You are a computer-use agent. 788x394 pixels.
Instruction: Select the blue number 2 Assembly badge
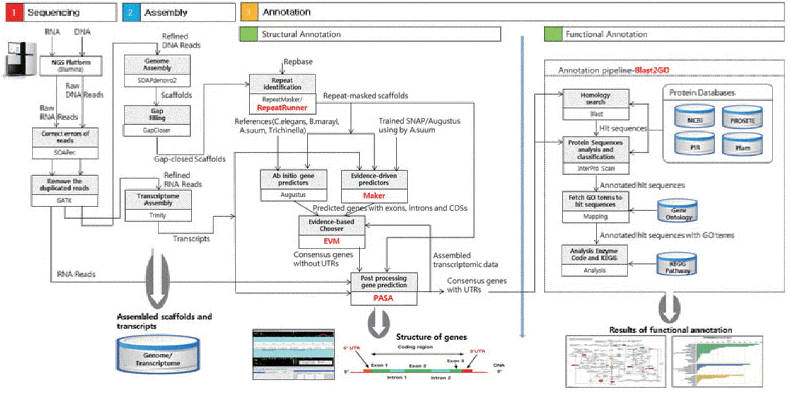130,11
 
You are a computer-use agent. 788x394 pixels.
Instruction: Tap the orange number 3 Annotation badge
248,11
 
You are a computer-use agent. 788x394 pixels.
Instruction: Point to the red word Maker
374,195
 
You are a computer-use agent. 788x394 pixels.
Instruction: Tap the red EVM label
332,241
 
